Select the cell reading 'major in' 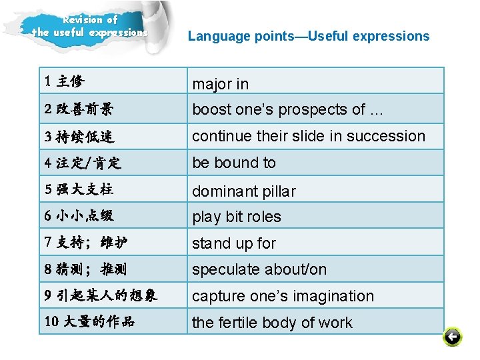221,84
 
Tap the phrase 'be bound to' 234,163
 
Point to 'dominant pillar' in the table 244,191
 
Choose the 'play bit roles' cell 237,217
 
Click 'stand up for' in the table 234,243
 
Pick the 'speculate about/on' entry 259,269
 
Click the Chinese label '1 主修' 65,82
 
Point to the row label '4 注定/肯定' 83,162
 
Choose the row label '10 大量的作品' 90,321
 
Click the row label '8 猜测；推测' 85,269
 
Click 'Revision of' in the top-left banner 91,19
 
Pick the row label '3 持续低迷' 79,137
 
